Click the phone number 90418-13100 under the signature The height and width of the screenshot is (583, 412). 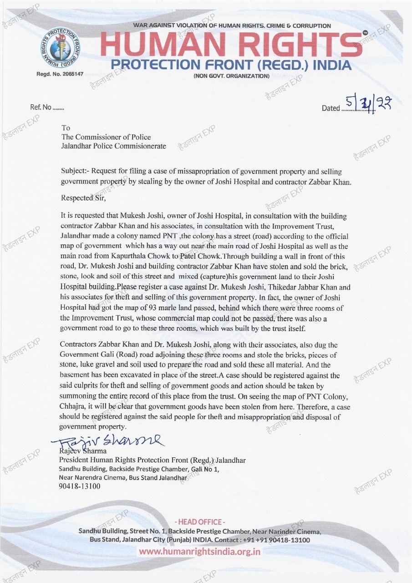click(80, 486)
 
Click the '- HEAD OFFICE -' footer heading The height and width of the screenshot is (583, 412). click(200, 522)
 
